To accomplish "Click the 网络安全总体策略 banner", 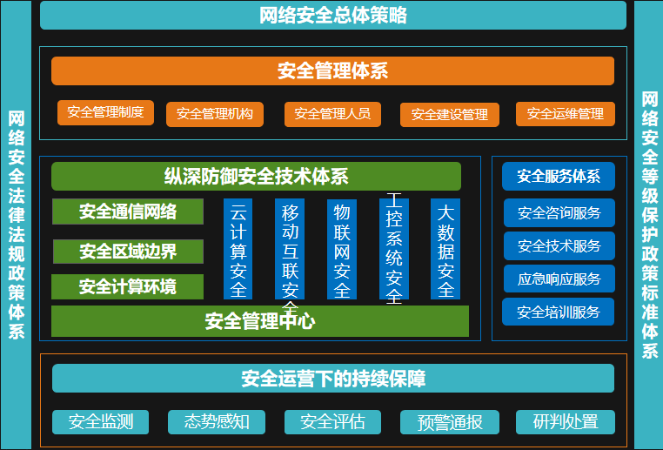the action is [332, 15].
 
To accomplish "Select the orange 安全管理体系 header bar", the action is [332, 71].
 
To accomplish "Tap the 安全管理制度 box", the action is [105, 112].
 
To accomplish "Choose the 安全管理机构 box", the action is [215, 114].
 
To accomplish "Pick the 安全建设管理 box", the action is [450, 115].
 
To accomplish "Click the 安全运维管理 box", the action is [566, 114].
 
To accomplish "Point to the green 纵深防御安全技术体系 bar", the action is [256, 177].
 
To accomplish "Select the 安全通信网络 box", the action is [128, 212].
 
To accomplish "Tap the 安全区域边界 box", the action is [128, 252].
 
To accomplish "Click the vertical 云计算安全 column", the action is [238, 249].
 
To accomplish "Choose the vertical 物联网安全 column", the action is [342, 249].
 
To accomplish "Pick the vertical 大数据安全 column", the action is [445, 249].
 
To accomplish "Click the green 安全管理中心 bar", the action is [260, 321].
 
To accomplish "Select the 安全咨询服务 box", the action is [559, 212].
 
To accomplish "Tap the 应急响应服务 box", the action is [559, 279].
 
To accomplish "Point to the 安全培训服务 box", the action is [558, 312].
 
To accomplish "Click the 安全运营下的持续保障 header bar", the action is [333, 378].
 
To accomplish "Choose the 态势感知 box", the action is [217, 422].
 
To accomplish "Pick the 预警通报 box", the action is [450, 422].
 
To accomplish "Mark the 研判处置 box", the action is [566, 422].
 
